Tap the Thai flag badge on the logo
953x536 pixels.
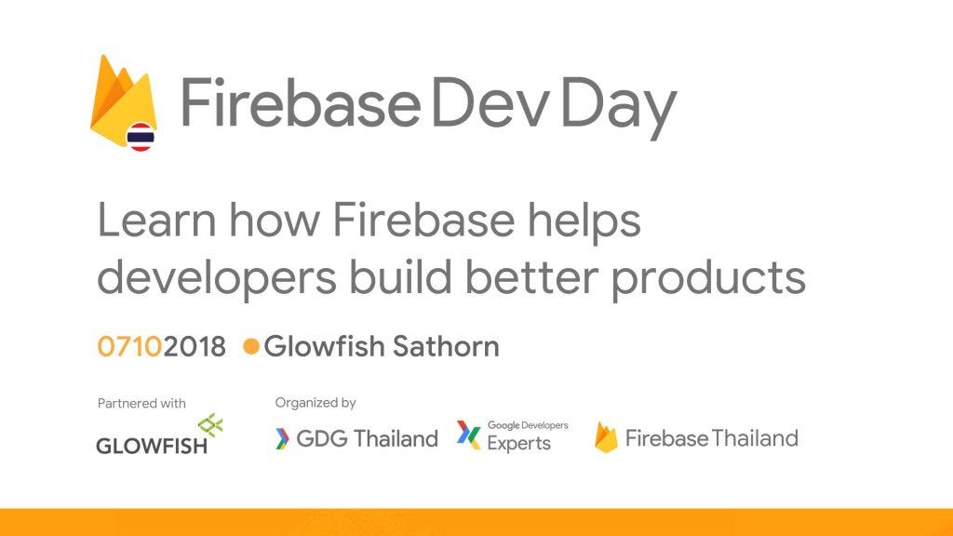(141, 138)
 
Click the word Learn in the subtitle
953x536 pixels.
(157, 222)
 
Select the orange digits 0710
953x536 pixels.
(130, 347)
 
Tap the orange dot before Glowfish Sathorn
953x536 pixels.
(250, 347)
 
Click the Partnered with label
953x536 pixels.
(141, 404)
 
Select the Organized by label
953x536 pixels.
(315, 403)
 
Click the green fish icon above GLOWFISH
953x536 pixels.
(211, 425)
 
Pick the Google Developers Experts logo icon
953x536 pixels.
(468, 435)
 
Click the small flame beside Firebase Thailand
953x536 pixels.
(606, 437)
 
